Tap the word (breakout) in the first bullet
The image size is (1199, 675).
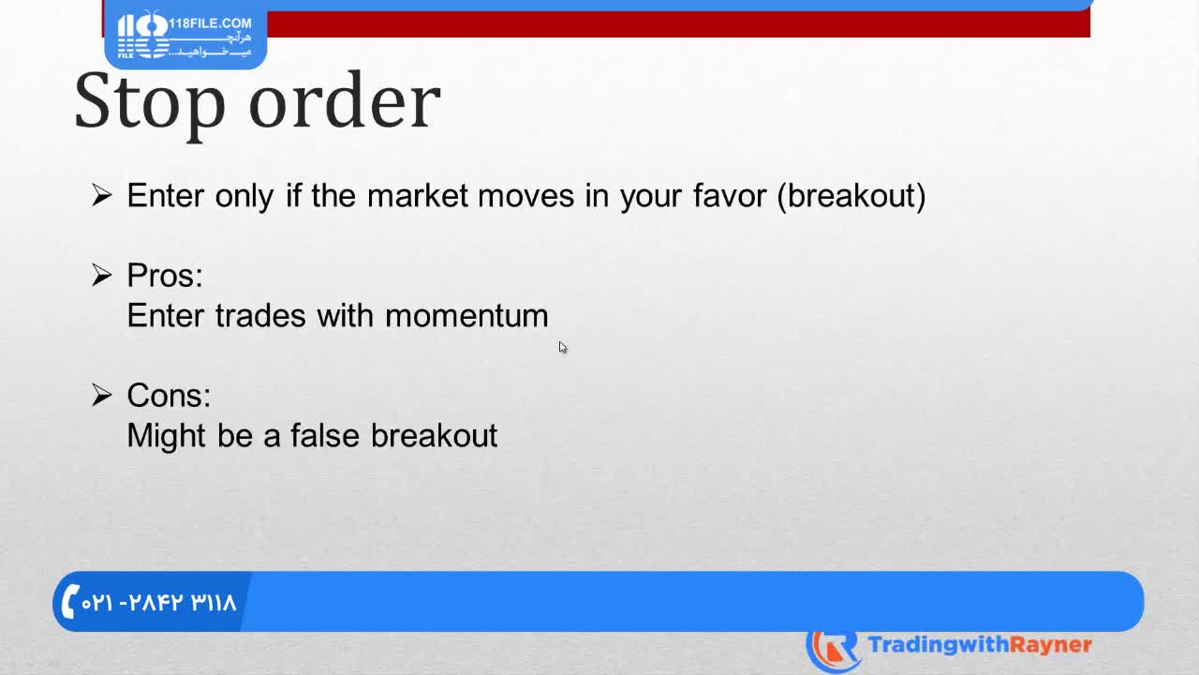point(851,196)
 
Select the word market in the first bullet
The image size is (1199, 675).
point(418,196)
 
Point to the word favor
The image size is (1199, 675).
point(730,196)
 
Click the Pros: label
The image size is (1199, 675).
point(165,276)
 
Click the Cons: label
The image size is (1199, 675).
point(169,396)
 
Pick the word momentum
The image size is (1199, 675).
point(466,316)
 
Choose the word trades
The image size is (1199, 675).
point(260,316)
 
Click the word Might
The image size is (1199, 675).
point(166,436)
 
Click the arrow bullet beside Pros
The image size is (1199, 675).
point(102,276)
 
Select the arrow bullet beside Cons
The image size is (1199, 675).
point(102,396)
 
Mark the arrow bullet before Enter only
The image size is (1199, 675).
point(102,195)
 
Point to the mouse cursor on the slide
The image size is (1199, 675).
point(563,348)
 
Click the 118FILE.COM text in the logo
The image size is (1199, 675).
point(210,23)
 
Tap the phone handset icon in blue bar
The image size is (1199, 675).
point(70,601)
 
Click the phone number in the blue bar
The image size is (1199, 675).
point(158,603)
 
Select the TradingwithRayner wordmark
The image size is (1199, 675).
point(980,645)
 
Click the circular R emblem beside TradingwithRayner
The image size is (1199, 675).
point(834,651)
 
